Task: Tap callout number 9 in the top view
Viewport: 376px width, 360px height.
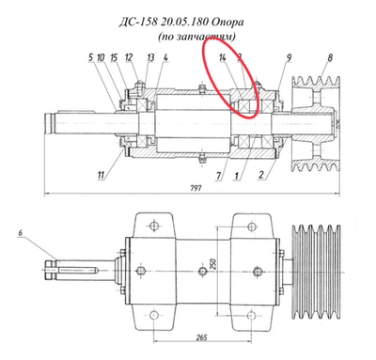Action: click(x=288, y=58)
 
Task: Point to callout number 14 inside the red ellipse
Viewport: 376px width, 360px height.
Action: click(x=223, y=58)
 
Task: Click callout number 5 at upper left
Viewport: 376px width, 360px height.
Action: click(x=91, y=58)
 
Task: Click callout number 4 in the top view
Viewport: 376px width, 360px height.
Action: click(x=164, y=58)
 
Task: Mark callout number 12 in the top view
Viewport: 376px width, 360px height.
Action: click(x=128, y=58)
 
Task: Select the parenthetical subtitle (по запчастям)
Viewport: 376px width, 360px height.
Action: click(x=196, y=36)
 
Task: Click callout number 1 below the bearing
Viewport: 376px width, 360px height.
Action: click(x=239, y=175)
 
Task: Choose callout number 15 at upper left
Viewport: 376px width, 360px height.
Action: click(x=113, y=58)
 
